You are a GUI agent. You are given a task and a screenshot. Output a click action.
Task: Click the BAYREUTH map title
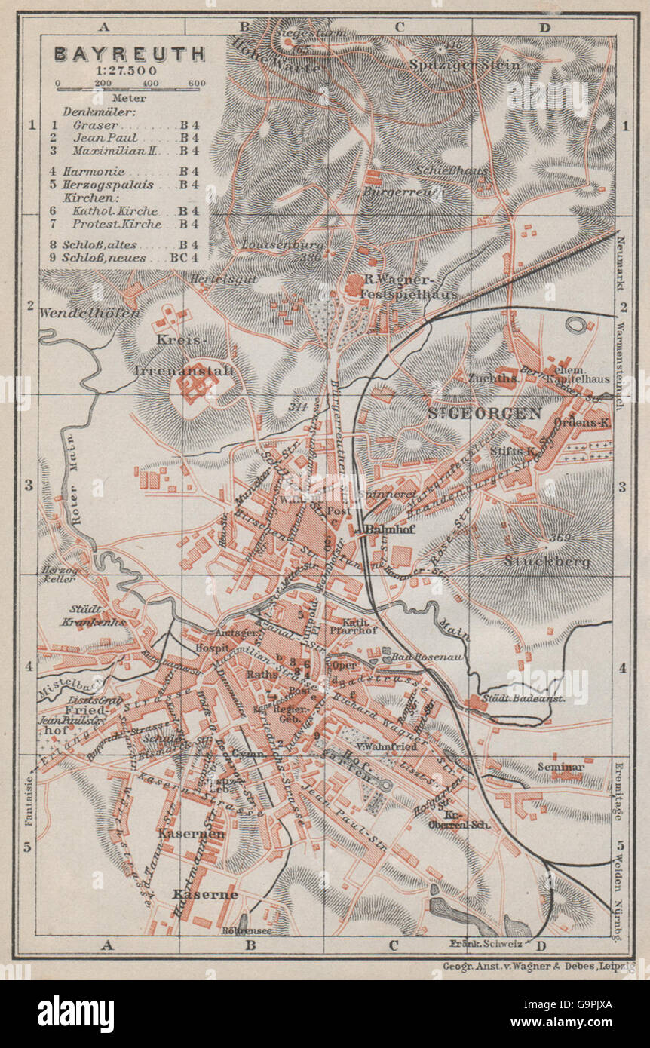click(129, 54)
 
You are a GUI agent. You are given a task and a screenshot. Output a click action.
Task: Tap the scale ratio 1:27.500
click(128, 70)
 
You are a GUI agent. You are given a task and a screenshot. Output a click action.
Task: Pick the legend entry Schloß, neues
click(116, 258)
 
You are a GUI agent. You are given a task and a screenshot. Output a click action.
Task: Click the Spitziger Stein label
click(465, 64)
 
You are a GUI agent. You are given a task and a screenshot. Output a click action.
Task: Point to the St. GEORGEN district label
click(484, 413)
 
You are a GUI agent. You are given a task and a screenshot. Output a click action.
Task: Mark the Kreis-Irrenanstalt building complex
click(198, 382)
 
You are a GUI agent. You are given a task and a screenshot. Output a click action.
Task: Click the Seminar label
click(561, 768)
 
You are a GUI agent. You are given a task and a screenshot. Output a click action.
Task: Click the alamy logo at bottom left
click(75, 1013)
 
